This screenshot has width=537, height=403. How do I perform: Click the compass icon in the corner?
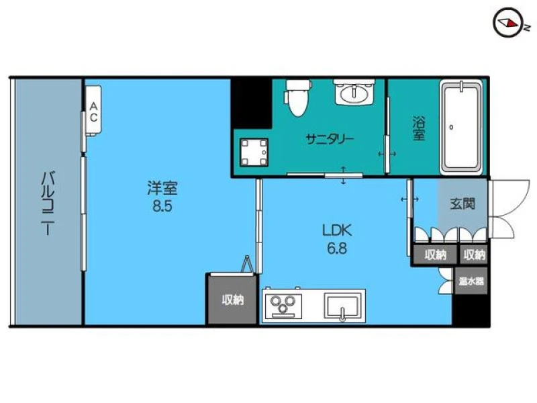(508, 23)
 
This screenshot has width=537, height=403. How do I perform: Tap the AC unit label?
(93, 112)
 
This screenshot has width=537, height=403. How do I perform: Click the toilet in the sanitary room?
(297, 98)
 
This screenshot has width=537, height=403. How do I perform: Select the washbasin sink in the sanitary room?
(354, 92)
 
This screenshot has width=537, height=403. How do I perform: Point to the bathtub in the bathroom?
(460, 127)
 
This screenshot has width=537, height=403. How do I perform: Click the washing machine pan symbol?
(254, 152)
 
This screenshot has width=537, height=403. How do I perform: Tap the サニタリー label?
(330, 139)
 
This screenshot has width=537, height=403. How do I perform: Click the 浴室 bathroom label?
(418, 128)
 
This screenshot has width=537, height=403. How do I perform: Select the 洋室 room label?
(162, 188)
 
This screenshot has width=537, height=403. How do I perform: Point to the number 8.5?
(162, 206)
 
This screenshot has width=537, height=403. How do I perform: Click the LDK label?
(337, 230)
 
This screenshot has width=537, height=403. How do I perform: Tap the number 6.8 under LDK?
(337, 248)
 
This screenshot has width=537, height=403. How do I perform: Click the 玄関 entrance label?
(462, 204)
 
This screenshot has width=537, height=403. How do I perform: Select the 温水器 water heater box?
(471, 281)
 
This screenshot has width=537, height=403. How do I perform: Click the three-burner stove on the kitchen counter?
(282, 304)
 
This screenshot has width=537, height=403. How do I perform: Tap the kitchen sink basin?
(342, 306)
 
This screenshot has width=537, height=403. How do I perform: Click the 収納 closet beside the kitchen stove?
(232, 300)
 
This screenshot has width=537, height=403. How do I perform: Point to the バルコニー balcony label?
(48, 204)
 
